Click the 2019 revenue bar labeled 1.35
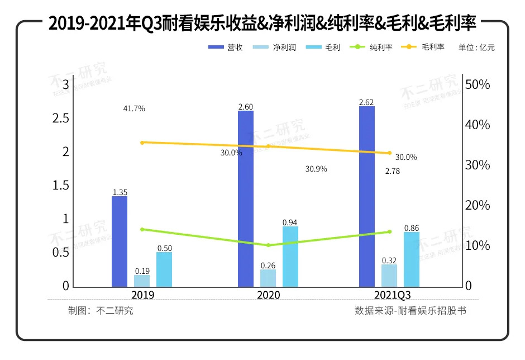pos(120,241)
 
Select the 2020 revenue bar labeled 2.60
pos(246,198)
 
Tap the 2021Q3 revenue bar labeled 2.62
pos(367,196)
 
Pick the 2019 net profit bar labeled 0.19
pos(142,281)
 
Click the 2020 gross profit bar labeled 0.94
pos(290,257)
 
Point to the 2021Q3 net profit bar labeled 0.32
pos(389,276)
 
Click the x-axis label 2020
pos(269,295)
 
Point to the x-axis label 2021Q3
pos(390,295)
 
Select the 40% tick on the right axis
pos(478,125)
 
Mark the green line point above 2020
pos(268,245)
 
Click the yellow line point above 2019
pos(142,143)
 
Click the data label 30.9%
pos(316,169)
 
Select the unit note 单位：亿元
pos(476,48)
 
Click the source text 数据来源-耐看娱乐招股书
pos(410,311)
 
